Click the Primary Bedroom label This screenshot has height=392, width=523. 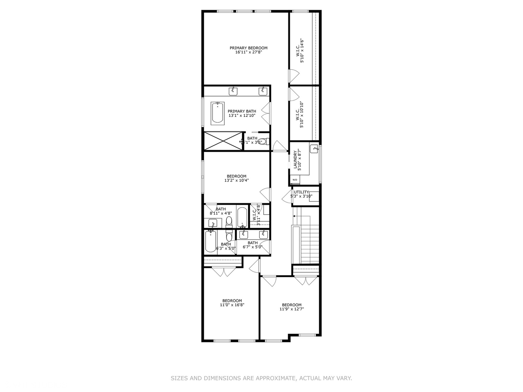point(248,48)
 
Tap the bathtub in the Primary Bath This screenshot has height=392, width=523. point(218,113)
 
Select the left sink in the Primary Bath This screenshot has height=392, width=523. point(233,91)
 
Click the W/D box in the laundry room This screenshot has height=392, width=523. point(295,180)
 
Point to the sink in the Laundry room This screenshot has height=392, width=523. point(315,148)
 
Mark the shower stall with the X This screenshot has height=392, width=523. point(223,141)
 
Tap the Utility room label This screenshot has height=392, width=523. point(301,192)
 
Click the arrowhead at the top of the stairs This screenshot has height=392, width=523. point(294,216)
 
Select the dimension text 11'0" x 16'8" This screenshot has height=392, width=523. point(232,305)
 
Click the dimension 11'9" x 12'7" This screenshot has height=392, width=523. point(292,310)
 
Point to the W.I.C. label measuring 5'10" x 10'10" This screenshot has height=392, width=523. point(298,114)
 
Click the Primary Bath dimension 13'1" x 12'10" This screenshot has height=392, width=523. point(242,116)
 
